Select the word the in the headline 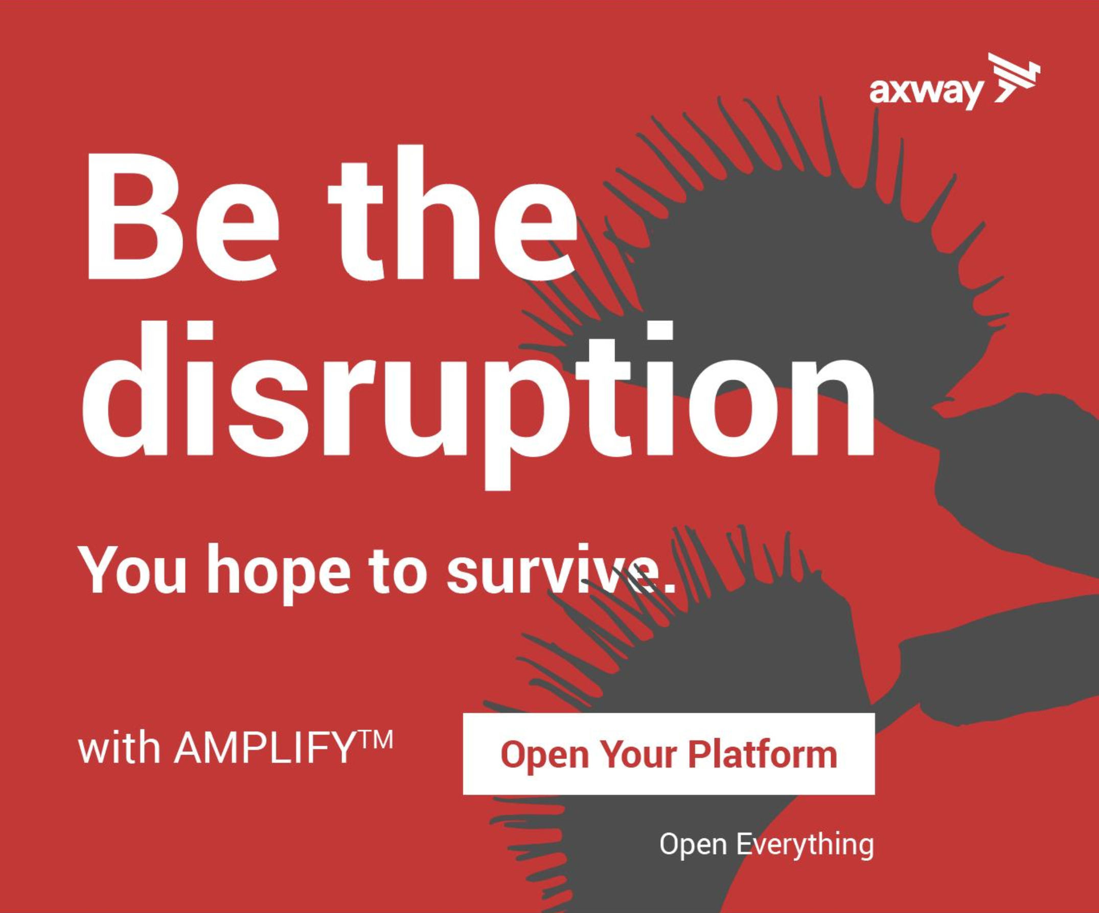pos(453,212)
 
